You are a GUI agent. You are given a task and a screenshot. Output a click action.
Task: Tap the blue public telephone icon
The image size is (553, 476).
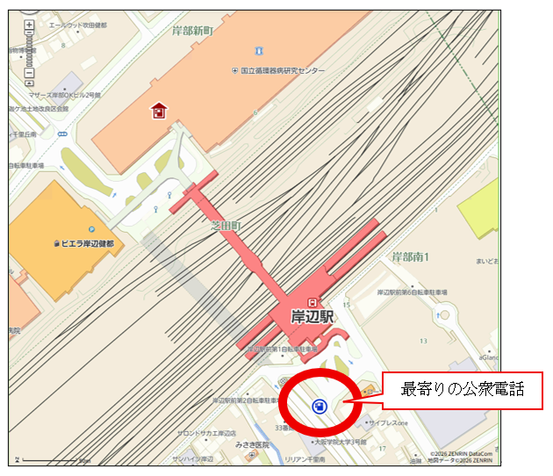pyautogui.click(x=319, y=406)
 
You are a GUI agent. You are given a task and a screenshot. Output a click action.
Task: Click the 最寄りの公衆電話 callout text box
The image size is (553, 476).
pyautogui.click(x=462, y=389)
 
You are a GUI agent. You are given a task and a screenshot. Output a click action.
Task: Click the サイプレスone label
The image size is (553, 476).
pyautogui.click(x=389, y=422)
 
